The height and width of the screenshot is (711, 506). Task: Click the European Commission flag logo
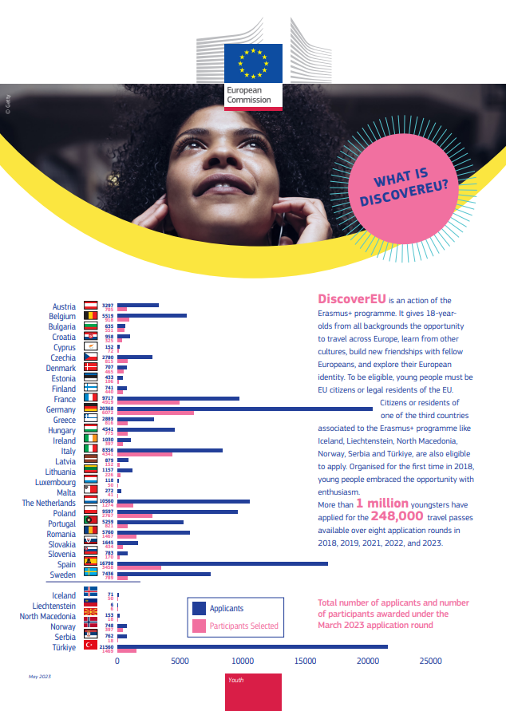coord(253,62)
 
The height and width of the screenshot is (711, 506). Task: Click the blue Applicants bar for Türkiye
coord(252,646)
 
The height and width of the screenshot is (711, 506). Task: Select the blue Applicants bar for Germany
coord(244,409)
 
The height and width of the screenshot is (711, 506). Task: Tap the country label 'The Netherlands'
coord(49,504)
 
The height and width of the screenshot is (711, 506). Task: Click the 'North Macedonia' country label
coord(48,616)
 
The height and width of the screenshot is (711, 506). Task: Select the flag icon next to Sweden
coord(91,575)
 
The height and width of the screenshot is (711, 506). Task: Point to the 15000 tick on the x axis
coord(306,662)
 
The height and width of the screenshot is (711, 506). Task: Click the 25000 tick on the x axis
coord(431,662)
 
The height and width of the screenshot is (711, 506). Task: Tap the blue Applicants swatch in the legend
coord(199,609)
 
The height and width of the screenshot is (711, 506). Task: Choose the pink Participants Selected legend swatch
coord(199,626)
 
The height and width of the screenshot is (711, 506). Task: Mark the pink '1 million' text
coord(382,504)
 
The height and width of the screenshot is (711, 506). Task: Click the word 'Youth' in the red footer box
coord(236,680)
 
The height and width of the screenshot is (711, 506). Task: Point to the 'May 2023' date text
coord(39,677)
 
